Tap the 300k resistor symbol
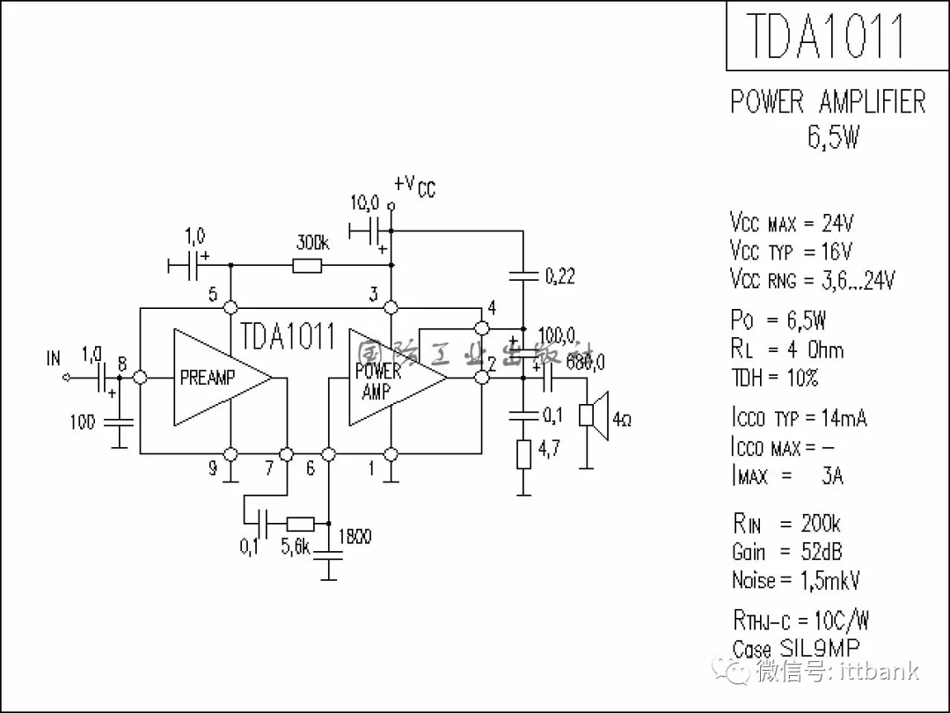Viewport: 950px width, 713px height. pos(307,266)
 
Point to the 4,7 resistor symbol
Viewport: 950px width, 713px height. pos(523,454)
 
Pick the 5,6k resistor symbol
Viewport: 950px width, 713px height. pos(301,522)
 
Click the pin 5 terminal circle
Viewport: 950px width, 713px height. pos(230,307)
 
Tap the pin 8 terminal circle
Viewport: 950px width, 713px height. pos(139,378)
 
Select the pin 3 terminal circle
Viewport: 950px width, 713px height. pos(391,307)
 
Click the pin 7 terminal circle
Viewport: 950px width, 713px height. pos(286,454)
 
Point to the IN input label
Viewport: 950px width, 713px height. pos(55,358)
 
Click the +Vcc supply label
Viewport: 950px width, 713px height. pos(413,186)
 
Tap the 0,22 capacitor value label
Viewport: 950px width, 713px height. pos(560,276)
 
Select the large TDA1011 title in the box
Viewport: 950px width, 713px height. pos(825,36)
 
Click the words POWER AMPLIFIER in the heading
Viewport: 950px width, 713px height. pos(828,103)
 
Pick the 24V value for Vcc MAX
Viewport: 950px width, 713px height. pos(837,222)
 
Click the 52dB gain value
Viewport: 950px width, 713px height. pos(822,552)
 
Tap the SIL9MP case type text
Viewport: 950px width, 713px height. pos(820,649)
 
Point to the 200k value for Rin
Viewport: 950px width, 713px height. pos(820,525)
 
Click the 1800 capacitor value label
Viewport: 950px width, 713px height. pos(354,535)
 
